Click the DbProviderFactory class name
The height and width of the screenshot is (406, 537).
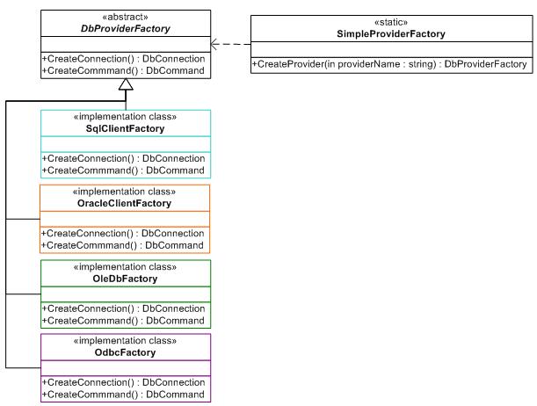(x=125, y=29)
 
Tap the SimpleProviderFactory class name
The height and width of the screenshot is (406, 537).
(x=391, y=34)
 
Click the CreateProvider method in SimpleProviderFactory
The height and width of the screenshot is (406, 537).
(x=391, y=64)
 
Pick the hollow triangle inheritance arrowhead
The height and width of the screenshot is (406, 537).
(x=125, y=85)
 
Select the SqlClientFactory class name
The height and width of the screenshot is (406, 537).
(x=126, y=129)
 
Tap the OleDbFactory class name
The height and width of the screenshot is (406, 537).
(x=126, y=279)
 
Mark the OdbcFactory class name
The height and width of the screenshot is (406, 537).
(x=126, y=352)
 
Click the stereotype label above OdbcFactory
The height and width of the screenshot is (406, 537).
(x=126, y=340)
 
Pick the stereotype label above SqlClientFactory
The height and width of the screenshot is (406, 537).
(x=126, y=117)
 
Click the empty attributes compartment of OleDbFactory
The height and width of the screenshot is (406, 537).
(x=126, y=293)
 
